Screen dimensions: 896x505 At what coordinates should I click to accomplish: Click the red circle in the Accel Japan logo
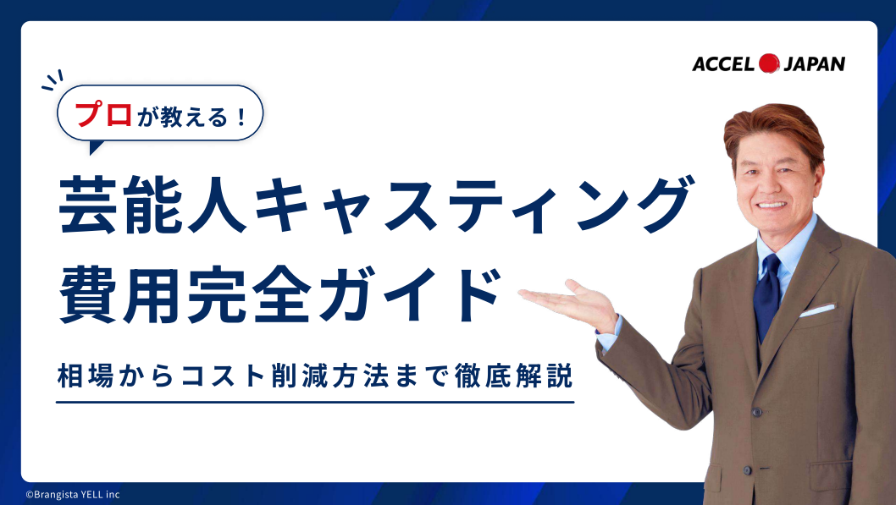769,63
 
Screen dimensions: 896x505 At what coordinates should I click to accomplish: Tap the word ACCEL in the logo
724,64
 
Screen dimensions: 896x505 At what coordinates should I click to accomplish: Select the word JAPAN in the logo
814,64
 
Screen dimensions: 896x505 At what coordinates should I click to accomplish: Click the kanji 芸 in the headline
87,205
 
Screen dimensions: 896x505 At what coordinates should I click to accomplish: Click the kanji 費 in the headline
88,296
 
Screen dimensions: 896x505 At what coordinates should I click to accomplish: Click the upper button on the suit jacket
756,412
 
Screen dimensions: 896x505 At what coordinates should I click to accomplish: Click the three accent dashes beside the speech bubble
53,81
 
